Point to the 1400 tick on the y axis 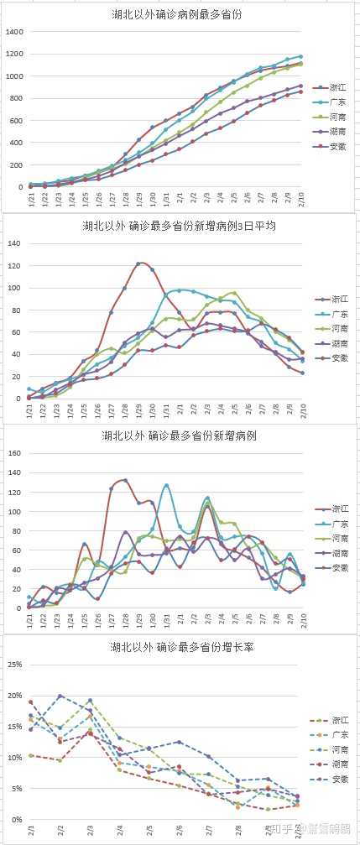14,32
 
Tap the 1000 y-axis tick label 14,76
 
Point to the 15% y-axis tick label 12,726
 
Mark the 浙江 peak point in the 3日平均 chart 138,263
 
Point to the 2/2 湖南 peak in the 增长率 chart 60,696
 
